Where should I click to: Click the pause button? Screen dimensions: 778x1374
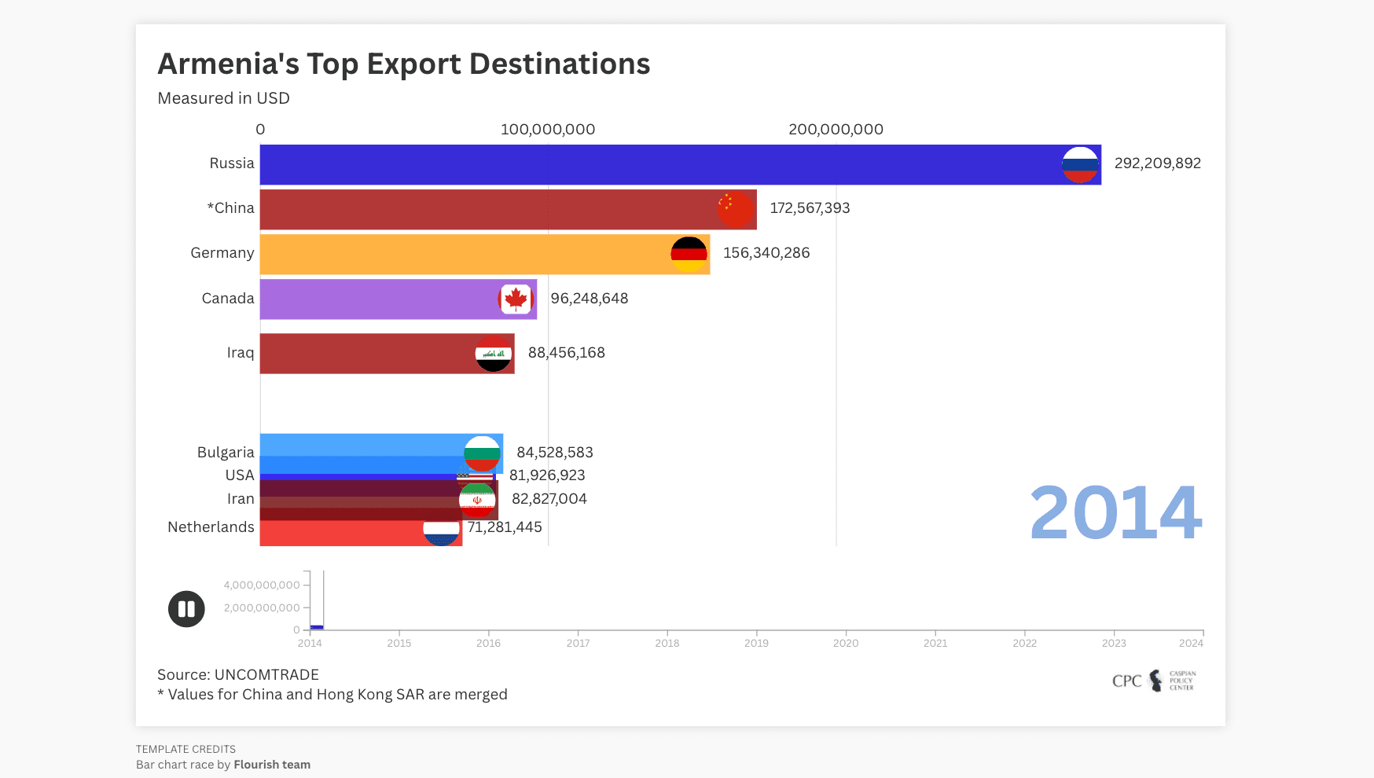186,609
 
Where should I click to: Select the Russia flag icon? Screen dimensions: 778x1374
1080,165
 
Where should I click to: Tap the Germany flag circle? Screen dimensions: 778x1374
689,255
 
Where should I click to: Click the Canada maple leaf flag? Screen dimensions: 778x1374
516,299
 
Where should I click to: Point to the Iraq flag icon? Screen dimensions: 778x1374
494,354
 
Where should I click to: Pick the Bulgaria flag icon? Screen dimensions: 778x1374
482,453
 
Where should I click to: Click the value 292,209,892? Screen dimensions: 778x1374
1157,163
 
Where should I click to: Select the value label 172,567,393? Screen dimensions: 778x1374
810,208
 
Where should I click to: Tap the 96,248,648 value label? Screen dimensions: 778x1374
589,299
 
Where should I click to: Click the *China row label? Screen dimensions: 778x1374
230,208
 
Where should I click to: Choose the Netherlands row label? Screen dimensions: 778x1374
211,527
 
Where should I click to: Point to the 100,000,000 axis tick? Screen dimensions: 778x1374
548,130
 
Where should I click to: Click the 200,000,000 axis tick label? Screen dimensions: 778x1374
836,130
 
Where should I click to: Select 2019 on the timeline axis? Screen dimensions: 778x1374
756,644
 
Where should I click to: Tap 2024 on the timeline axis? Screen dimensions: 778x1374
1191,644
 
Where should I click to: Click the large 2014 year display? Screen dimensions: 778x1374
1115,513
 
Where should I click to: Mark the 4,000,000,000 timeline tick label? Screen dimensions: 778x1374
262,585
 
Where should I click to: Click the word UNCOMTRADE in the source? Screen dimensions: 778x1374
266,675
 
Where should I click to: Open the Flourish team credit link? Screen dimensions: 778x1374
272,765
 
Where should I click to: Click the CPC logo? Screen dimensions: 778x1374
1153,681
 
